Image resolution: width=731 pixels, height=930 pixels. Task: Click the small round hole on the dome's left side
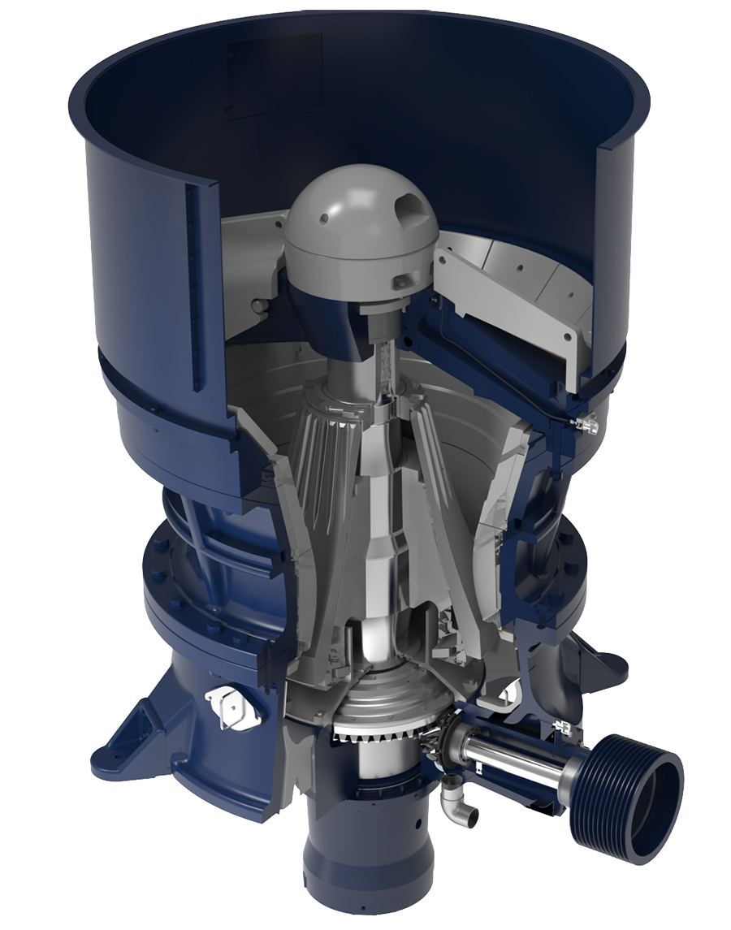pyautogui.click(x=324, y=218)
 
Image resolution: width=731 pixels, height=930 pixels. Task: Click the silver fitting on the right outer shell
pyautogui.click(x=586, y=422)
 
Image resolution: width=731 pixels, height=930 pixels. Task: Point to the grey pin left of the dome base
pyautogui.click(x=258, y=305)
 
